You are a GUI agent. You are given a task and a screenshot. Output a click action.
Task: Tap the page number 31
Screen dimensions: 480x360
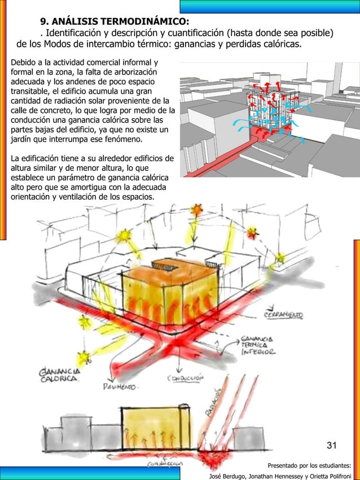332,446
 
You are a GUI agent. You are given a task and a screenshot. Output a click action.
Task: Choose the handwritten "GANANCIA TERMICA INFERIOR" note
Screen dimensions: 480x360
259,345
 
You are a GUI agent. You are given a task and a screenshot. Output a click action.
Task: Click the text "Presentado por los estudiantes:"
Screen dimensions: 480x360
309,466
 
